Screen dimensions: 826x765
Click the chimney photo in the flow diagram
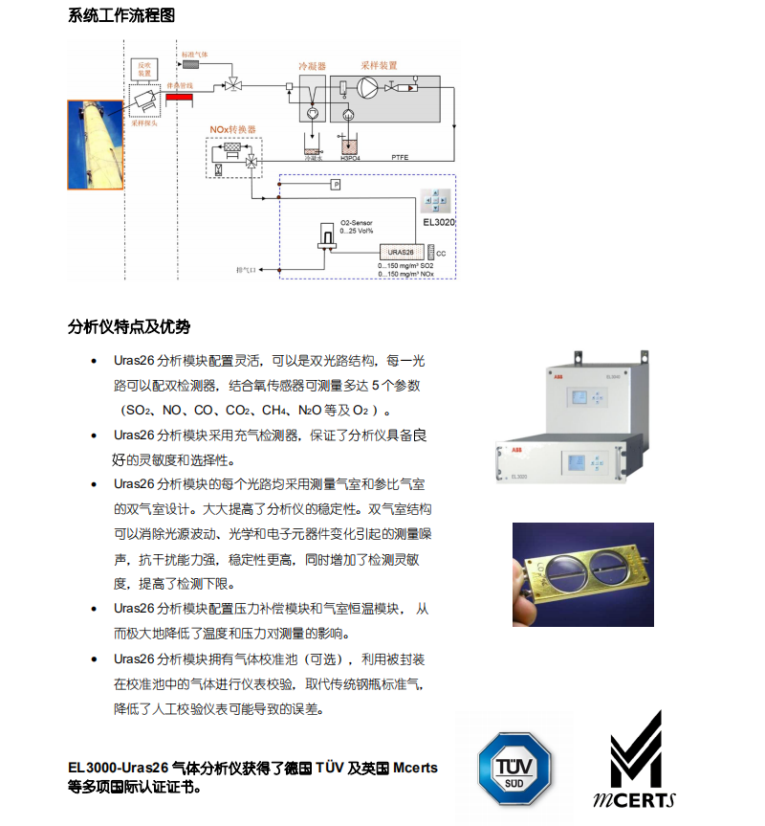96,145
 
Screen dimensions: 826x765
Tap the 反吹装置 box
144,69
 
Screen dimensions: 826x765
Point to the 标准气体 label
208,55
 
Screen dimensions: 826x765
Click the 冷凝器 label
312,67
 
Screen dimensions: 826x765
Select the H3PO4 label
351,156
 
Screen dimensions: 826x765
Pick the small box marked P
336,183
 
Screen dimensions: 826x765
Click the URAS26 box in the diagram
400,251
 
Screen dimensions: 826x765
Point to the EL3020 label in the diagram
438,222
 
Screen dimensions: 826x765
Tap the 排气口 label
248,271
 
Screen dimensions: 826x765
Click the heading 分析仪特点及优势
128,327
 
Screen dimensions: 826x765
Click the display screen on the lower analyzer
577,462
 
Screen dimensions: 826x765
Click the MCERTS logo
635,762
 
